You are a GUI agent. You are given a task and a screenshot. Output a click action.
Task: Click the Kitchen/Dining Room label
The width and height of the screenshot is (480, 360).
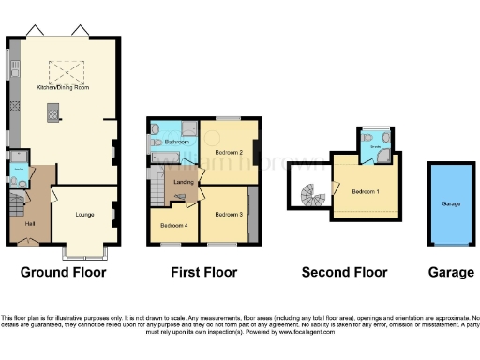click(x=64, y=86)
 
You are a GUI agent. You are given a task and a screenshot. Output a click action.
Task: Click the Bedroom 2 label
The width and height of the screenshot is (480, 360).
click(x=229, y=152)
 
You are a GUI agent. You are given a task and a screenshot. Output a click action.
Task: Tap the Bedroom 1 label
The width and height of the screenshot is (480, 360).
click(x=366, y=191)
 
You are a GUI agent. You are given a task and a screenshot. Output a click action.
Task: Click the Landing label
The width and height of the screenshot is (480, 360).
click(x=184, y=181)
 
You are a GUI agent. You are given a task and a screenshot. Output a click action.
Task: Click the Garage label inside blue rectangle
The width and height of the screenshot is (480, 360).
click(x=450, y=202)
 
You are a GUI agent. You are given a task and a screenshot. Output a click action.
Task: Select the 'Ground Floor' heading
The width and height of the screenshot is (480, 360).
click(x=64, y=273)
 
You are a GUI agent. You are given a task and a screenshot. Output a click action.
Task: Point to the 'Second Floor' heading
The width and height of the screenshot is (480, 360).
click(x=344, y=273)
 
